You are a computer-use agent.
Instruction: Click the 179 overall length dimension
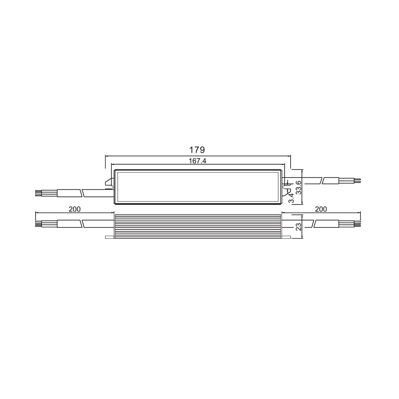click(197, 150)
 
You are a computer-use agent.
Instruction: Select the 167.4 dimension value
click(198, 161)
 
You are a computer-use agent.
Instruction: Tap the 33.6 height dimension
click(298, 188)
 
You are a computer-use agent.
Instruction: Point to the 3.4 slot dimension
click(291, 199)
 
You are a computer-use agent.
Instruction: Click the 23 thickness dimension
click(299, 227)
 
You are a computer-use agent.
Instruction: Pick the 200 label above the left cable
click(74, 209)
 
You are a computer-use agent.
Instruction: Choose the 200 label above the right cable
click(321, 209)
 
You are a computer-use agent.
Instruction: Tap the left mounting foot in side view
click(109, 237)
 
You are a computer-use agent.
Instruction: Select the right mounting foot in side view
click(286, 237)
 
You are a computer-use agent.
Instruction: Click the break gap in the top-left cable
click(82, 193)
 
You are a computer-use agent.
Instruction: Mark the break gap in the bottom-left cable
click(82, 223)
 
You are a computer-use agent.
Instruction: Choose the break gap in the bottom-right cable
click(314, 223)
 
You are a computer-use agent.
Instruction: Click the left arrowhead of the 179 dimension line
click(106, 155)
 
